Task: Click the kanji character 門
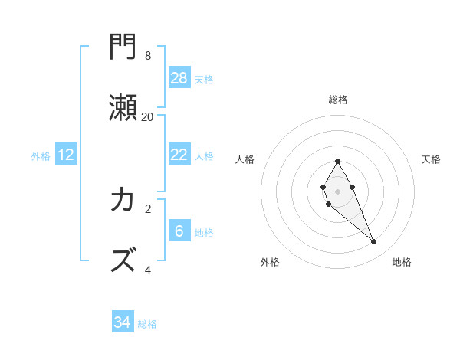pos(123,48)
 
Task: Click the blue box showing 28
pos(179,77)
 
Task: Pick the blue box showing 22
pos(179,155)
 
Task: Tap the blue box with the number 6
pos(179,231)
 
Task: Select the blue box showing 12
pos(66,155)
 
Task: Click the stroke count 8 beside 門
pos(148,56)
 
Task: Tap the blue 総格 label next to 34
pos(147,324)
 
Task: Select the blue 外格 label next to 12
pos(41,156)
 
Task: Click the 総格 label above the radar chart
pos(337,100)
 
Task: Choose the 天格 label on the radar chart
pos(431,159)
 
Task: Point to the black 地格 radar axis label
pos(402,262)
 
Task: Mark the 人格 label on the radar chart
pos(245,159)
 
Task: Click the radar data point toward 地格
pos(373,242)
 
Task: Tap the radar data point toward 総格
pos(337,161)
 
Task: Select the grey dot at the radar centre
pos(337,191)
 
